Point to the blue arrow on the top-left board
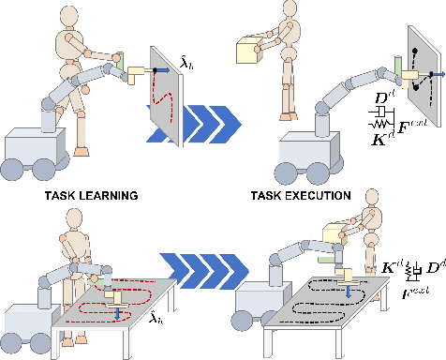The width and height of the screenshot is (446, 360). click(x=159, y=68)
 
